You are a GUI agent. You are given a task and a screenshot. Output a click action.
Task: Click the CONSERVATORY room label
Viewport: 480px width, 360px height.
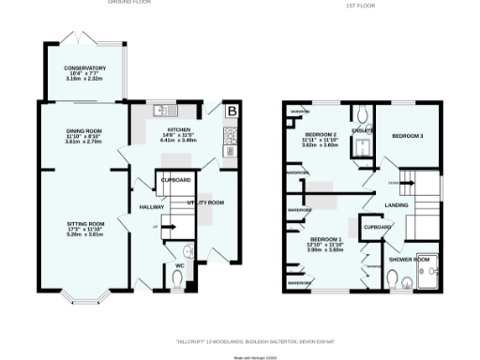coord(84,68)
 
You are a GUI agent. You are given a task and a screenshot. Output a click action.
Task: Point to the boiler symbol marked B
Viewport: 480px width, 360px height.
coord(232,112)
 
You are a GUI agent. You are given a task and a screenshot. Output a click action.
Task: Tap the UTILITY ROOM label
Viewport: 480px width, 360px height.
coord(204,202)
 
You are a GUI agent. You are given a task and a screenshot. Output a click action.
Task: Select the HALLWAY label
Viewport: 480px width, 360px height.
coord(152,206)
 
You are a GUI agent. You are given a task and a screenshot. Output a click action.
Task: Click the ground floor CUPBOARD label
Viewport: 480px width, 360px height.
coord(175,179)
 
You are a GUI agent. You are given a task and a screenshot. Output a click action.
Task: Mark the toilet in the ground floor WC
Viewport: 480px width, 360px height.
coord(189,250)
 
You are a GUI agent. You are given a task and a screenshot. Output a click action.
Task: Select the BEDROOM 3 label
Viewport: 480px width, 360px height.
coord(408,136)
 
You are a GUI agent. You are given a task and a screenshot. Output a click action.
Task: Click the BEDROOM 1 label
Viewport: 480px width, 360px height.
coord(328,239)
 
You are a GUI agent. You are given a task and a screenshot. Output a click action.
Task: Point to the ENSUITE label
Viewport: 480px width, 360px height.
coord(362,129)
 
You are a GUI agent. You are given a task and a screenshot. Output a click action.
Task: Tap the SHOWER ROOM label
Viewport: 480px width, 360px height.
coord(409,258)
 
